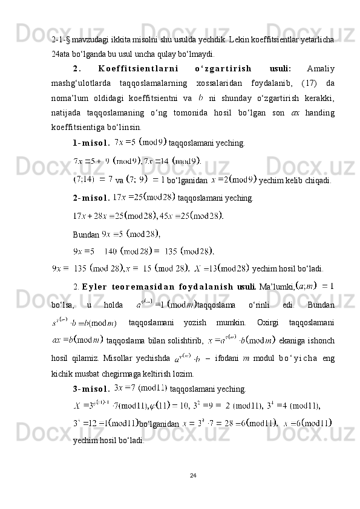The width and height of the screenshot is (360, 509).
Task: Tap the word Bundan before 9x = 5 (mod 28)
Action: pos(86,234)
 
